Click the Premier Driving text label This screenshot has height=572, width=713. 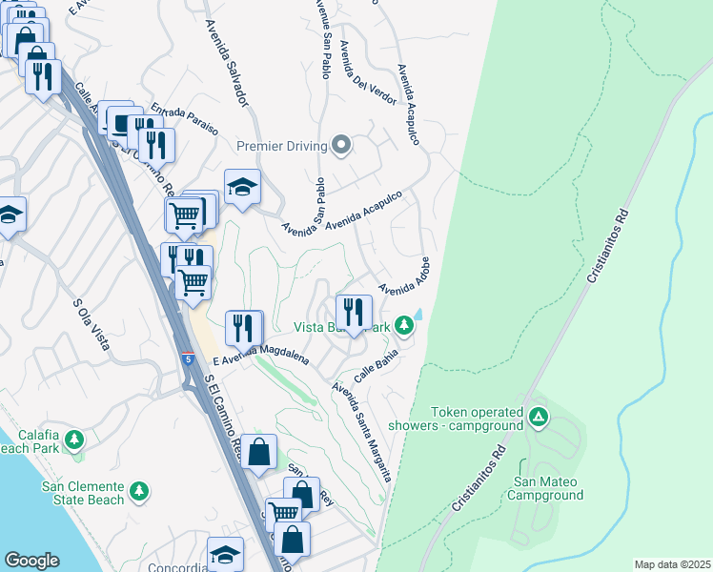281,146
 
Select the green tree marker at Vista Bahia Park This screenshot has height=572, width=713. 405,326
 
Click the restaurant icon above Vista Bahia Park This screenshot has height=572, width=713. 354,312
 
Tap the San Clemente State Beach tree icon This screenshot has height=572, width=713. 139,490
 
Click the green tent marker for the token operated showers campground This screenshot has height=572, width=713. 539,417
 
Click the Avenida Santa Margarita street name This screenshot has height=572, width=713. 361,432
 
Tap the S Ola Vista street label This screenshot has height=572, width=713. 92,325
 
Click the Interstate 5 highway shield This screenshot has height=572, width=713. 188,359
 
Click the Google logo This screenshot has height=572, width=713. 31,561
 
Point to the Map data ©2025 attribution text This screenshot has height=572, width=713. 671,564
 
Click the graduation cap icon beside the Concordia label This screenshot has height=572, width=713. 225,555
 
